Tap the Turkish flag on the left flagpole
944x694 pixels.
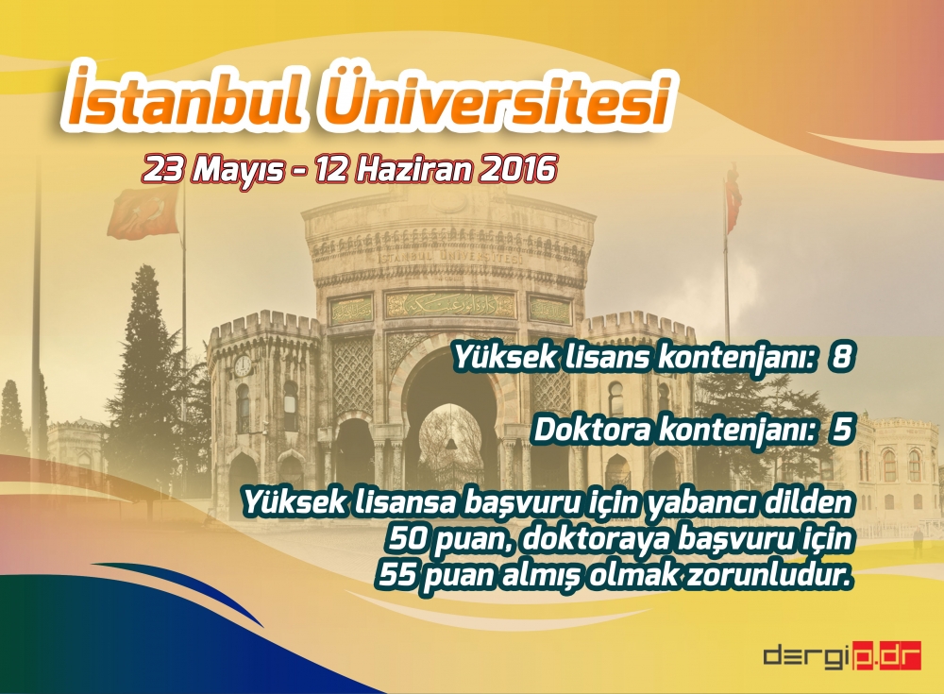[142, 212]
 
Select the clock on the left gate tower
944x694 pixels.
[243, 365]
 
